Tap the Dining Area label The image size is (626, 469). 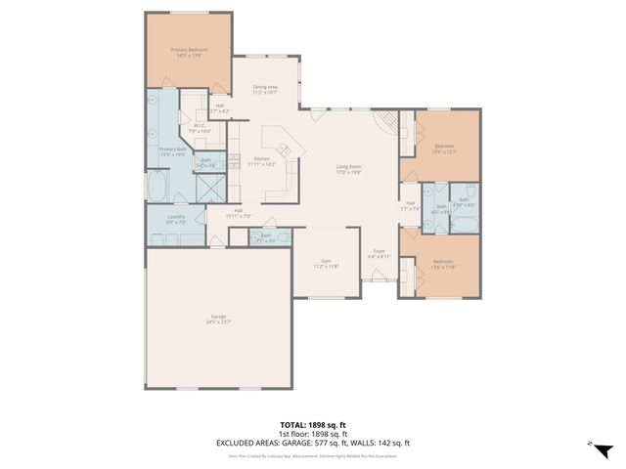tap(266, 89)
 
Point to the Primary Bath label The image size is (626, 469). tap(173, 150)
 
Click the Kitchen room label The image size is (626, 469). tap(262, 161)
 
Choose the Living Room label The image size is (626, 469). tap(349, 169)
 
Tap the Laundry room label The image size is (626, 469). tap(176, 219)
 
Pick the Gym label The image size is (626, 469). tap(326, 263)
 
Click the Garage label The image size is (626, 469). tap(218, 318)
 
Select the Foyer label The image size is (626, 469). tap(379, 254)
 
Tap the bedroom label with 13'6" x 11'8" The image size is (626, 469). tap(444, 263)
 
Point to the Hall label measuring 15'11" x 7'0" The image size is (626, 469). tap(239, 213)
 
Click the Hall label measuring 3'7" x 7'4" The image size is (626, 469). tap(410, 205)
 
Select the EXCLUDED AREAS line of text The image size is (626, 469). tap(312, 443)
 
